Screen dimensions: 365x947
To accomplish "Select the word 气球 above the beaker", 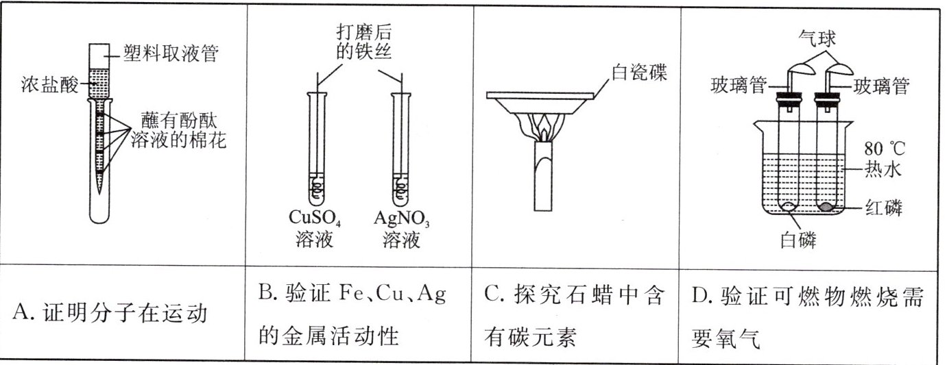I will point(818,35).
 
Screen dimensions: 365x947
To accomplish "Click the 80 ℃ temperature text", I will point(885,149).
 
